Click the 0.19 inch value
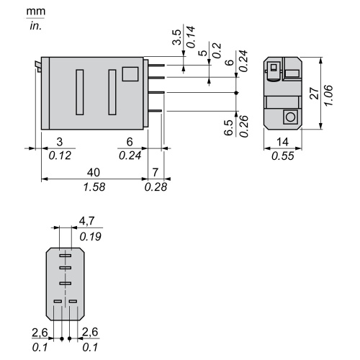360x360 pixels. pos(89,236)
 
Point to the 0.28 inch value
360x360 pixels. pos(156,187)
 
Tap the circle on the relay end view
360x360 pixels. pos(289,116)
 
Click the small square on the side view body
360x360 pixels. pos(130,74)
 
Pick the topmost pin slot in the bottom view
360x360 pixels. pos(66,256)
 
